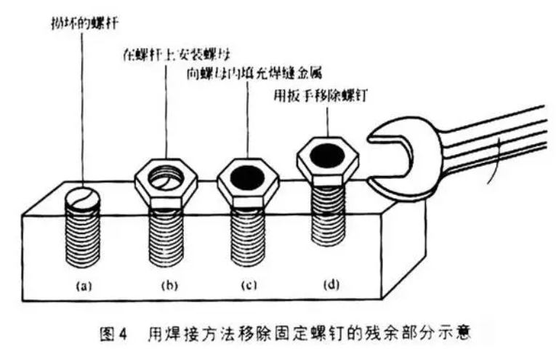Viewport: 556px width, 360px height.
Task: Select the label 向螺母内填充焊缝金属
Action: click(x=250, y=73)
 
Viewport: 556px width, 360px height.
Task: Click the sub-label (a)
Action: click(x=84, y=285)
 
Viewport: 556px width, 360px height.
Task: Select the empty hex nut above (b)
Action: click(x=166, y=179)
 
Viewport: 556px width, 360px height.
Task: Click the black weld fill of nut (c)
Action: click(x=248, y=176)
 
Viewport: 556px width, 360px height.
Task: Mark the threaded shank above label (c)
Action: click(x=248, y=236)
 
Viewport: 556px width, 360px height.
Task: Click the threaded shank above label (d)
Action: click(x=329, y=218)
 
